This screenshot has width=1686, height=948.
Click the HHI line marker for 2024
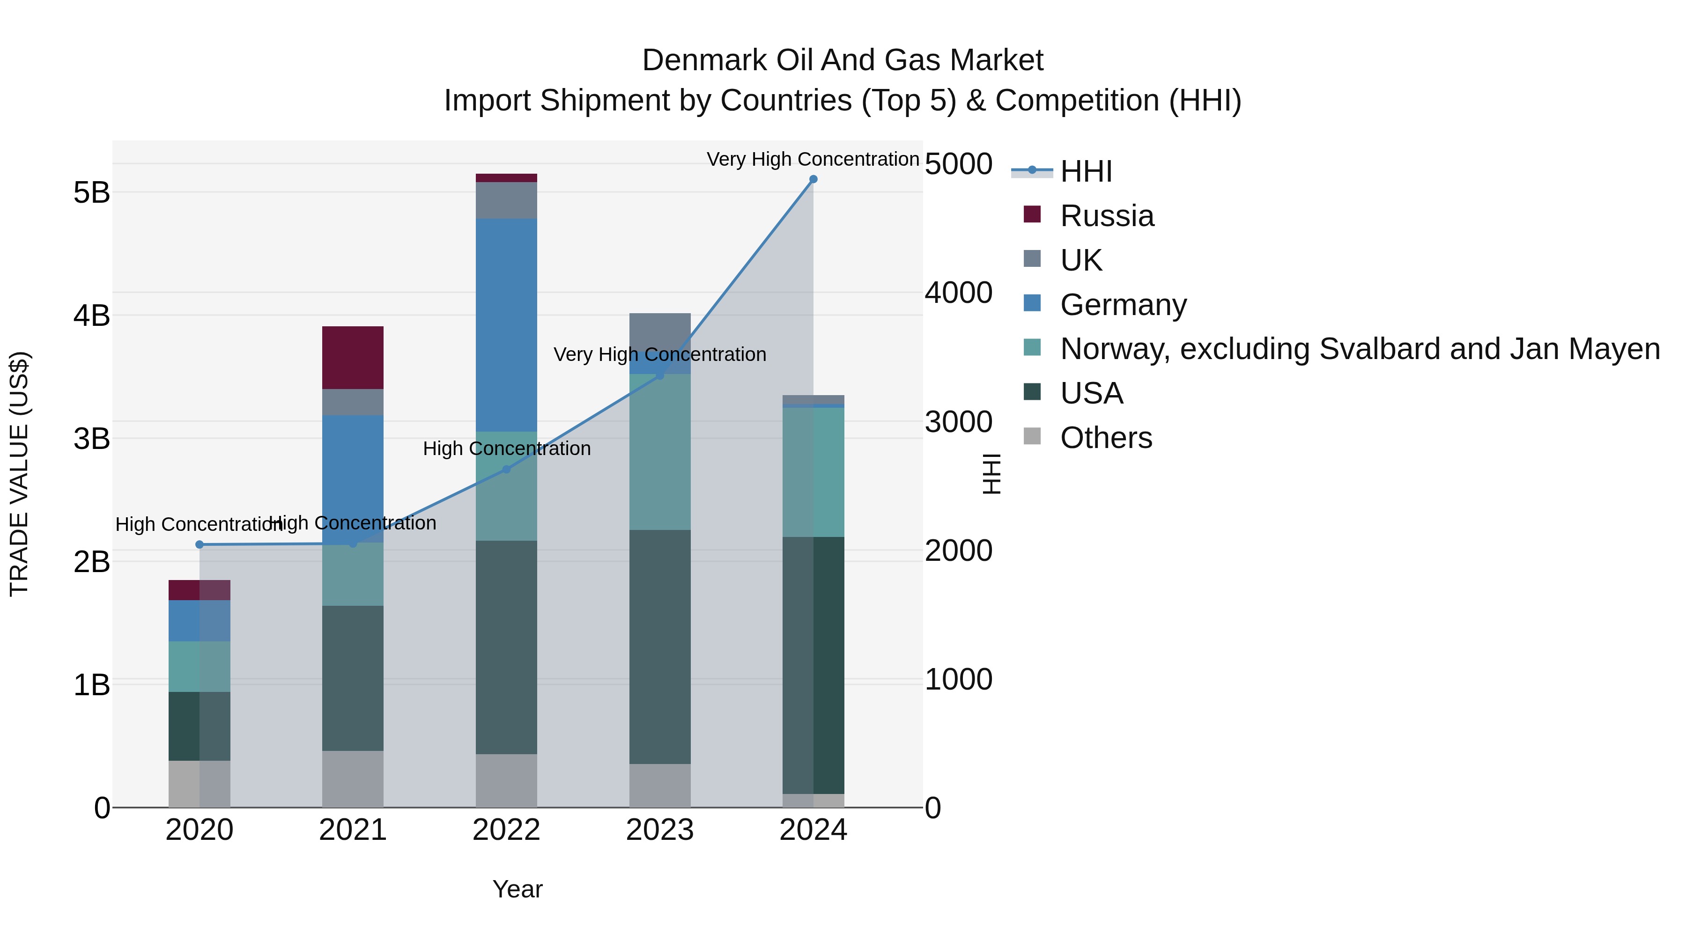click(x=813, y=179)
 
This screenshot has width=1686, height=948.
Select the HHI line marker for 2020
click(x=200, y=544)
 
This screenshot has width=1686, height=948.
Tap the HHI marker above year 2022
click(x=506, y=469)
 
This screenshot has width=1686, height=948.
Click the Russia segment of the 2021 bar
click(x=353, y=357)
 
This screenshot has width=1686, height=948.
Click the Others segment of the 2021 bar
click(x=353, y=779)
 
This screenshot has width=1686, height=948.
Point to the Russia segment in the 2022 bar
click(x=506, y=178)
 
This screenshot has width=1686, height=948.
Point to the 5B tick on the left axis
click(x=92, y=193)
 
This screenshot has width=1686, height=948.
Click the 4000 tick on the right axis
click(x=958, y=293)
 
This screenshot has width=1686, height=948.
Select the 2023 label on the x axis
click(x=660, y=830)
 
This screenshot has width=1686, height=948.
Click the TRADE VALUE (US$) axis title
click(x=20, y=474)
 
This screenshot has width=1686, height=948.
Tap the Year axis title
click(x=517, y=889)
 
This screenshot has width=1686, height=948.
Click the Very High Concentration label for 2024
click(x=813, y=159)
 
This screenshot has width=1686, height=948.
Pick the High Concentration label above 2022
click(x=507, y=449)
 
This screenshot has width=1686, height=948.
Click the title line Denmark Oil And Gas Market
click(x=843, y=60)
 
